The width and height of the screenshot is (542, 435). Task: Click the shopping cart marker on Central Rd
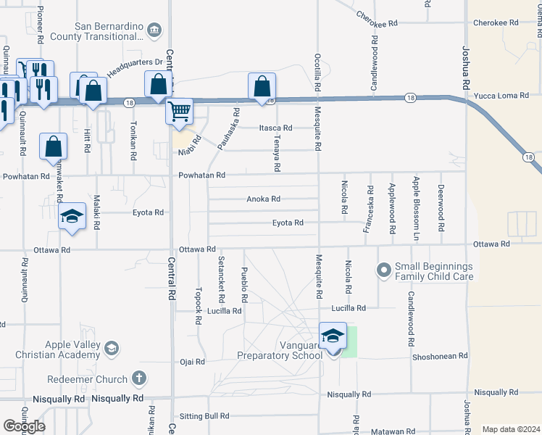coord(179,112)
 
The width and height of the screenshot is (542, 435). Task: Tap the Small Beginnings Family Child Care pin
coord(383,270)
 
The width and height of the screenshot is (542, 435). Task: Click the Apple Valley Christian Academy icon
coord(111,349)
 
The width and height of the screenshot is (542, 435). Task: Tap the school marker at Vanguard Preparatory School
coord(333,336)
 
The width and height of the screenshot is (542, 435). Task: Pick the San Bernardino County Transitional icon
coord(154,30)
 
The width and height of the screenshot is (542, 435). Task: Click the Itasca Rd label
coord(275,128)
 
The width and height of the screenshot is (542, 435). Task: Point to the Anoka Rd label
coord(263,199)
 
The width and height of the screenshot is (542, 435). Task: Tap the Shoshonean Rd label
coord(441,356)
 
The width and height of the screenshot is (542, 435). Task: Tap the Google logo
coord(24,426)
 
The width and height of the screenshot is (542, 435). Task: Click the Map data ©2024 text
coord(512,429)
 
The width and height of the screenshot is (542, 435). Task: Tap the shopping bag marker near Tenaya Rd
coord(262,87)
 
